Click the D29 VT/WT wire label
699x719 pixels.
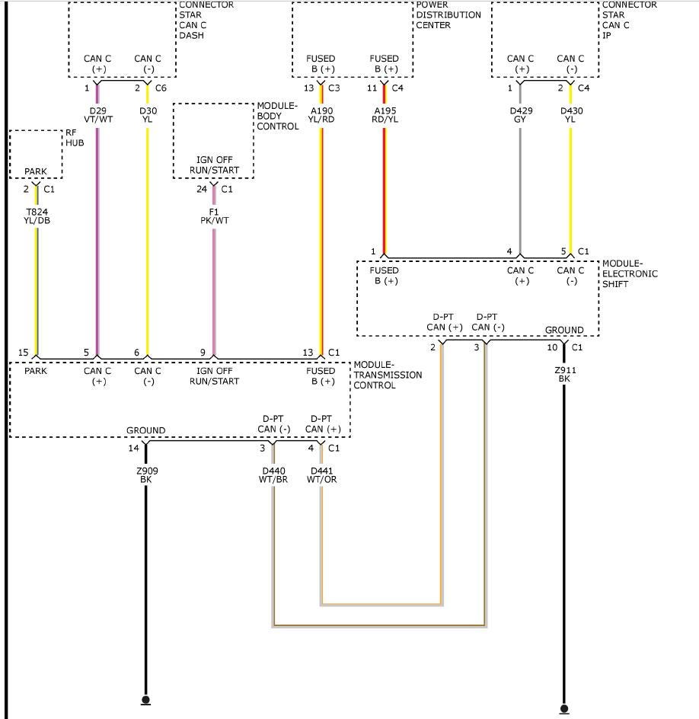[x=98, y=115]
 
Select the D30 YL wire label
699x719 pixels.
[x=148, y=115]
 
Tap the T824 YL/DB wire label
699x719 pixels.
[x=37, y=216]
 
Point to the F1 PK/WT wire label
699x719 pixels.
[x=214, y=216]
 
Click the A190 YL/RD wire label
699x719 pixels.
[x=321, y=115]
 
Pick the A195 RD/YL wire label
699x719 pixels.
[x=385, y=115]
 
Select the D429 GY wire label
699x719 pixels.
[x=521, y=115]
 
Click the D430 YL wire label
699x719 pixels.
[x=571, y=115]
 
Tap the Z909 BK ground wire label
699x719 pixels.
[x=147, y=475]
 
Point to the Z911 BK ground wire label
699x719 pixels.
[x=565, y=374]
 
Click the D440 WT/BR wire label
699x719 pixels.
[x=273, y=475]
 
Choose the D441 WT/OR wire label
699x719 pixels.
[x=322, y=475]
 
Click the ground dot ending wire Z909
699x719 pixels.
[x=145, y=700]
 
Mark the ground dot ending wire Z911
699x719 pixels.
[x=564, y=709]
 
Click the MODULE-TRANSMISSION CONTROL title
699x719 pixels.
[x=388, y=375]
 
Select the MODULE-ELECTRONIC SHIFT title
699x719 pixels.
[x=630, y=273]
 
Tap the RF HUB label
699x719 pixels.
[x=75, y=138]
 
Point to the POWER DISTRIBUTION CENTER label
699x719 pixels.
[x=448, y=15]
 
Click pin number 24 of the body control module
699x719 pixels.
[x=202, y=189]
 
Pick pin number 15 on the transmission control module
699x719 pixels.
[x=24, y=353]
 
